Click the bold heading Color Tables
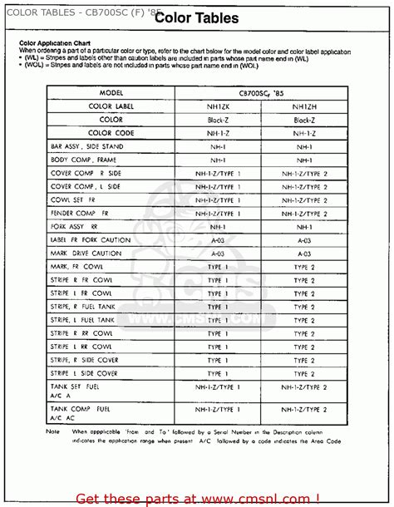(196, 17)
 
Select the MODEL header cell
(117, 93)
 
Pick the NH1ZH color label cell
(303, 106)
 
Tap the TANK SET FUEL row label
(76, 386)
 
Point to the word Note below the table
(53, 431)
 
